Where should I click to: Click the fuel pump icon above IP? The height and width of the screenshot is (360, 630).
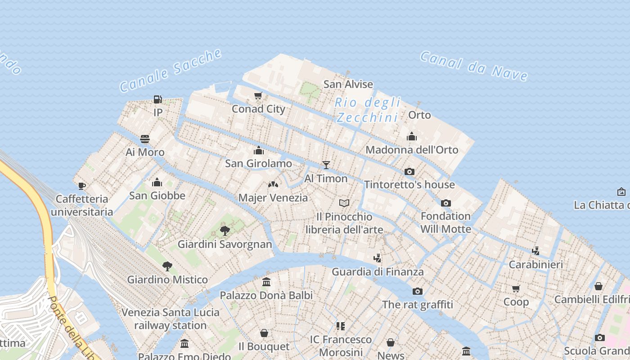tap(157, 99)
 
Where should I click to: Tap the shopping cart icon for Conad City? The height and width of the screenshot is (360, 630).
tap(258, 95)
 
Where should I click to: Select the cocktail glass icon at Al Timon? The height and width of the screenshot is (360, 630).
tap(326, 165)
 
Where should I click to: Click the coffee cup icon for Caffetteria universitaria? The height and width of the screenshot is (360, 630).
tap(81, 185)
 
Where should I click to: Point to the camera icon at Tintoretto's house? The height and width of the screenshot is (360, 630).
tap(409, 171)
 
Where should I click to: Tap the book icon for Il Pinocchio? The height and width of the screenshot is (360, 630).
tap(344, 203)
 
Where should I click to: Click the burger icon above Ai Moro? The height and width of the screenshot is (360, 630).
tap(144, 139)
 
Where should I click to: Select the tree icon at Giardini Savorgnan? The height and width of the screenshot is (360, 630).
tap(225, 231)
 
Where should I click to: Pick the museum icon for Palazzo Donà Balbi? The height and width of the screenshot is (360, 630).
tap(266, 282)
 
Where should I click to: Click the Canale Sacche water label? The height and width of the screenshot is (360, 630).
tap(171, 71)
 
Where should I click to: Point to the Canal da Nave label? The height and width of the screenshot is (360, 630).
tap(474, 66)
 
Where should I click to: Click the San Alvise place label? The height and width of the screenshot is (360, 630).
tap(348, 84)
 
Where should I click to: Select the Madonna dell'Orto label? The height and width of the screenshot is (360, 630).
tap(412, 150)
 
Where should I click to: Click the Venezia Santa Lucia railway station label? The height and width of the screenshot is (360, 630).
tap(171, 319)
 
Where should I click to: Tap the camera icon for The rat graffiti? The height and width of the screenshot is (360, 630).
tap(417, 291)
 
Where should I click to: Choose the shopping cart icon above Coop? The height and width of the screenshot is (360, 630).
tap(516, 288)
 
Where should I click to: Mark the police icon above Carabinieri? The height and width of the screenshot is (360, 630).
tap(535, 251)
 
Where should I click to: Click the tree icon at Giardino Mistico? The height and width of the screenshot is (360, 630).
tap(167, 266)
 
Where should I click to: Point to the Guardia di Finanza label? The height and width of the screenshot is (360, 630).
tap(378, 272)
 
